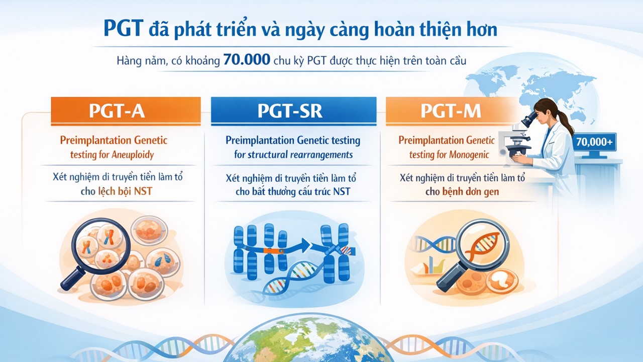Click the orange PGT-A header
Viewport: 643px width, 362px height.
[126, 111]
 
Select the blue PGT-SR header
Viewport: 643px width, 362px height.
[294, 111]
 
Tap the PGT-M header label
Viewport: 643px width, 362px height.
[451, 111]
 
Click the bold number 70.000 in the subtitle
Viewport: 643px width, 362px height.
[247, 59]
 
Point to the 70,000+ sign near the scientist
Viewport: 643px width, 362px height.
[594, 142]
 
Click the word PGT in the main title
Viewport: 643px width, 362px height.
[123, 28]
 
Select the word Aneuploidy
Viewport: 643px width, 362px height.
[133, 155]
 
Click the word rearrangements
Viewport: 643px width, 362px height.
[323, 155]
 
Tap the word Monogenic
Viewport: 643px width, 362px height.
[469, 155]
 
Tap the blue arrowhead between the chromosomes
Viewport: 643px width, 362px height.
[306, 244]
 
